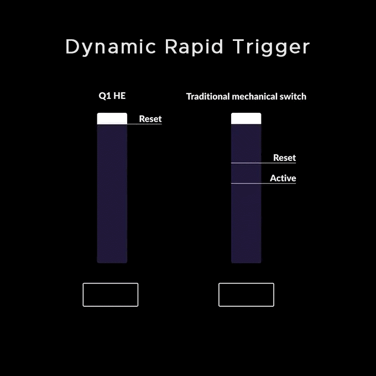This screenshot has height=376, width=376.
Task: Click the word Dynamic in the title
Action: coord(111,48)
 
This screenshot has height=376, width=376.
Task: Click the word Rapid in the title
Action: coord(194,48)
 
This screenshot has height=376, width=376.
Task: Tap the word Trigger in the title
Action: coord(271,48)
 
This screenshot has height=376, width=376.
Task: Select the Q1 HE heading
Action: coord(112,96)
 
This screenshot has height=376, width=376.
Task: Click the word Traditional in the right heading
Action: coord(208,96)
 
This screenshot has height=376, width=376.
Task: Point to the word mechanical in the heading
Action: coord(255,96)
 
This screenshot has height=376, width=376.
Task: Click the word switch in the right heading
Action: coord(293,96)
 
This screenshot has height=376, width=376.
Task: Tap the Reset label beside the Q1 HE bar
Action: coord(150,119)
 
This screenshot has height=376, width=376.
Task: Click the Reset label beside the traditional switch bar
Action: coord(284,158)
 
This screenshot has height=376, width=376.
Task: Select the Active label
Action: coord(283,178)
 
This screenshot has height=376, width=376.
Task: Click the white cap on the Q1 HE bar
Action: coord(112,118)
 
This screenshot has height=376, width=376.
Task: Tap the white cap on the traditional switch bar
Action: coord(246,118)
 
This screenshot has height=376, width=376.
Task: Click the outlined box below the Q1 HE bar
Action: coord(111,283)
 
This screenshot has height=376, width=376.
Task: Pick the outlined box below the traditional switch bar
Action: coord(246,283)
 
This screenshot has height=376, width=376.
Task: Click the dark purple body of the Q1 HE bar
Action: coord(112,194)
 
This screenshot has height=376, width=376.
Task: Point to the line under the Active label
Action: coord(264,184)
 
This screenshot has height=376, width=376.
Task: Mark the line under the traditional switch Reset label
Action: coord(264,163)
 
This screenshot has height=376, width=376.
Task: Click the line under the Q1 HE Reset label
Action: coord(145,124)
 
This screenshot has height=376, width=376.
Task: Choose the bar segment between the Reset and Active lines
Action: coord(246,173)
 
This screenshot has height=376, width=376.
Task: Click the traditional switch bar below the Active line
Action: coord(246,223)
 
